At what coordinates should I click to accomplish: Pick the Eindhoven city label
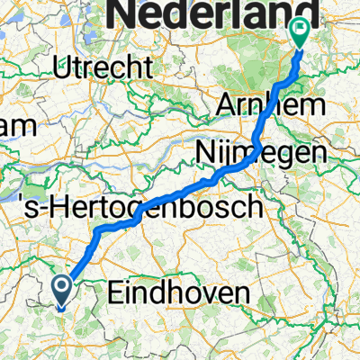[x=166, y=292]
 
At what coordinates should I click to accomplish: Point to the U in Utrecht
[x=61, y=66]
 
